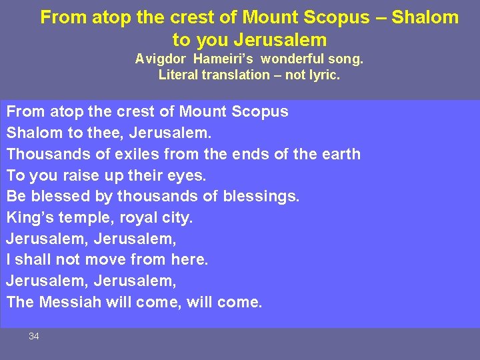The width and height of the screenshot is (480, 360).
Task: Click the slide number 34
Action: [x=34, y=337]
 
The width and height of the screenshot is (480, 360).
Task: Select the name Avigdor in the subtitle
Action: [x=161, y=59]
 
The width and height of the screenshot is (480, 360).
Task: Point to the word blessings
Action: [x=265, y=197]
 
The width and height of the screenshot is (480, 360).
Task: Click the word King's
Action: [x=31, y=218]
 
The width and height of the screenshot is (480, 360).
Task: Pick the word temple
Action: [x=82, y=218]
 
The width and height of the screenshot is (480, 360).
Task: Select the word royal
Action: [x=135, y=218]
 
